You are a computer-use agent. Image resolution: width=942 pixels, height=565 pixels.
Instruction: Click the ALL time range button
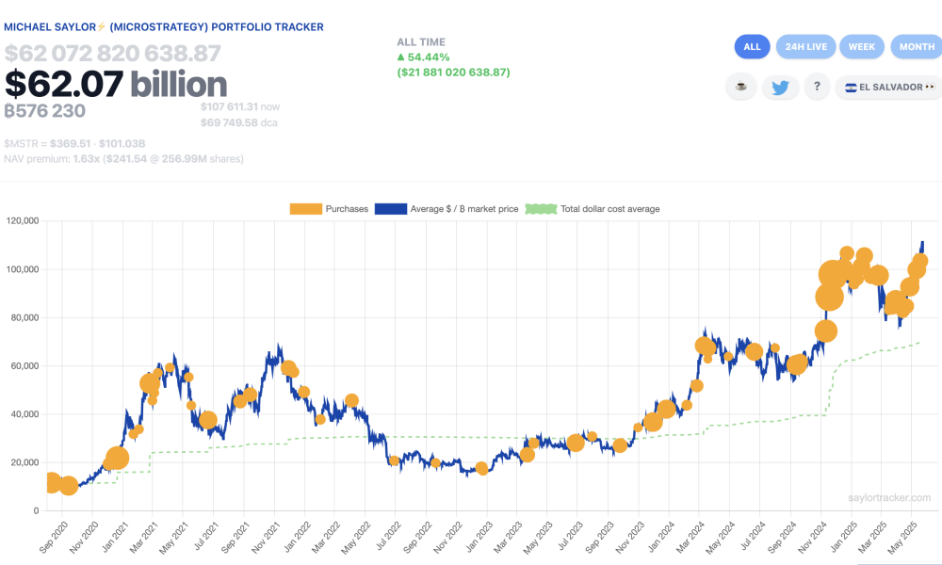point(752,46)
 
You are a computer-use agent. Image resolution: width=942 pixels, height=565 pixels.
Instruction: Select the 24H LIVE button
point(807,46)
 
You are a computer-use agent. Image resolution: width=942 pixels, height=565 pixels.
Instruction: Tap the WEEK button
point(861,46)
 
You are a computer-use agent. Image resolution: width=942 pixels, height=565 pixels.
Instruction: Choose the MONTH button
point(916,46)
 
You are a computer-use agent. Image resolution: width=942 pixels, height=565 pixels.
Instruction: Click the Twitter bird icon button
point(780,88)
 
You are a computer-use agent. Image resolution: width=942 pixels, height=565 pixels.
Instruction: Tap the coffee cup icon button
point(741,88)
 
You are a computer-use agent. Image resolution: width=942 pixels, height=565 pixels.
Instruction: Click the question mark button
point(816,88)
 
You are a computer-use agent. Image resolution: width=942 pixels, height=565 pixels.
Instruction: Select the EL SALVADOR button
point(889,88)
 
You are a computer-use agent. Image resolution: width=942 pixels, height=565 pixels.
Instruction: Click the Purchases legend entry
point(329,209)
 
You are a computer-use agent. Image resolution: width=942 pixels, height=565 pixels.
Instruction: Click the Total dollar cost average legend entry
point(593,209)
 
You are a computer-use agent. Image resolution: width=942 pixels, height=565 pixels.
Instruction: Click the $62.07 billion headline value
point(116,85)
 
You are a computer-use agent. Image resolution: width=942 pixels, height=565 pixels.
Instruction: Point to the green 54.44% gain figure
point(425,57)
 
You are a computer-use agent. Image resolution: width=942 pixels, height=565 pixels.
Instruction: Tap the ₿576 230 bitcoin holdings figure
point(45,111)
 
